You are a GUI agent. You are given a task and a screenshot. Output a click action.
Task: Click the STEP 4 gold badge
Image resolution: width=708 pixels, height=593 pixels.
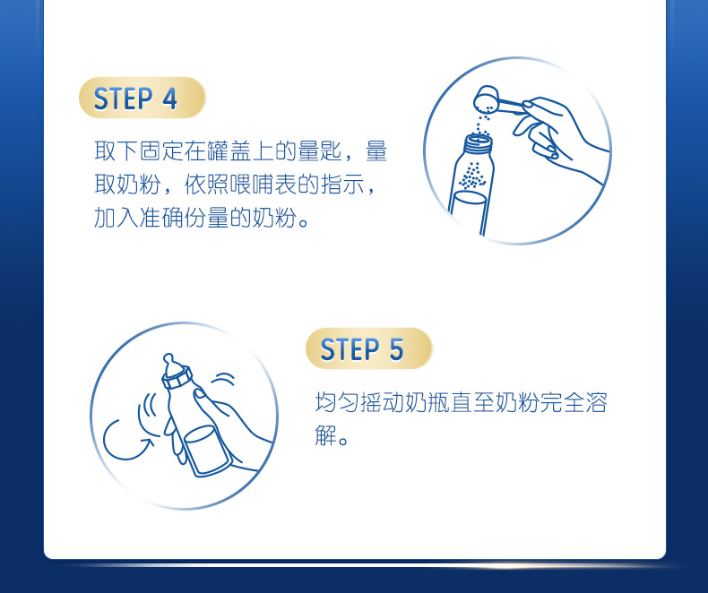142,98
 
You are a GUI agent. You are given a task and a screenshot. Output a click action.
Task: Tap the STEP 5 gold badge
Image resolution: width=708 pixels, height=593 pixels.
368,348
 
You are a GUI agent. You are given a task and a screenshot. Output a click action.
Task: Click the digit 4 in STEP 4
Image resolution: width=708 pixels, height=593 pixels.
169,99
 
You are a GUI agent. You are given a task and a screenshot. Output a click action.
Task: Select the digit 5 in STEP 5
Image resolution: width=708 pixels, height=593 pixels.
396,349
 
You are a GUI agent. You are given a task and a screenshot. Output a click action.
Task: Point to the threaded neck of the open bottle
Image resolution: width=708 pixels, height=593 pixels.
479,143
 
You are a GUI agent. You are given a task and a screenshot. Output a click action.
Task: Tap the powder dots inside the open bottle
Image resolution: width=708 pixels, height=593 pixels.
472,175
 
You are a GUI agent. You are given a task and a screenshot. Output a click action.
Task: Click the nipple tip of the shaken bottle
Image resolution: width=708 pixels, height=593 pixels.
168,359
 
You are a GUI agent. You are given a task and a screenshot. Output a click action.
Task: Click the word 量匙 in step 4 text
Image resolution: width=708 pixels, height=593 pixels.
320,151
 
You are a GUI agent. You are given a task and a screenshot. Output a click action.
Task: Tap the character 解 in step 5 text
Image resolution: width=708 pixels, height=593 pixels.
325,435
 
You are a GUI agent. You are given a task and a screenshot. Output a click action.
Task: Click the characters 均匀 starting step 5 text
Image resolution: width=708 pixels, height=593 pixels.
337,402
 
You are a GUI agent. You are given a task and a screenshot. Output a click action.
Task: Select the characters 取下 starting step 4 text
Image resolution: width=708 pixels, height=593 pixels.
117,151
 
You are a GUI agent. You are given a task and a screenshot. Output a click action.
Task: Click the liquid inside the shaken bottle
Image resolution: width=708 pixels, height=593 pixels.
205,449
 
